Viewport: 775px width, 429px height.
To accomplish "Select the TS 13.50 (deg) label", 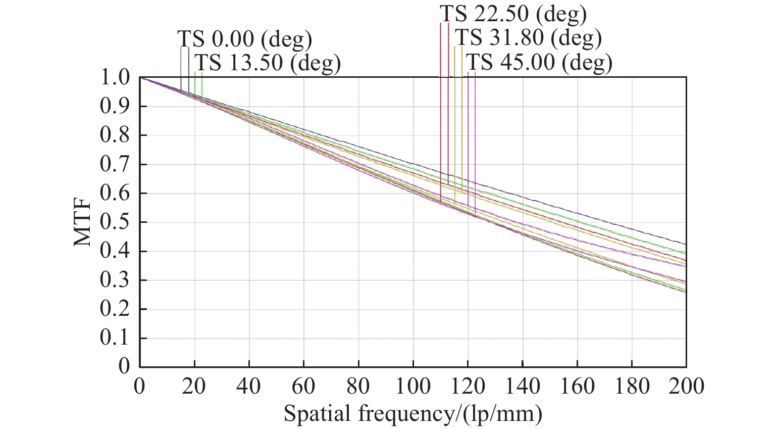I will point(268,63).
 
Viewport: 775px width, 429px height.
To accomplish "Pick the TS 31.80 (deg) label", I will point(528,37).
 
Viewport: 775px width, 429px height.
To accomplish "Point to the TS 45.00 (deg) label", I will point(539,62).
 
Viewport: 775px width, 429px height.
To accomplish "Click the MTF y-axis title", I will point(84,222).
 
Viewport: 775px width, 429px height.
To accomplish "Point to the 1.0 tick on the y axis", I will point(115,78).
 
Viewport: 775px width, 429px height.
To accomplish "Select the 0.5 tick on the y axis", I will point(115,222).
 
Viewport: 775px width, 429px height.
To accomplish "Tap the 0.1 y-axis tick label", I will point(115,338).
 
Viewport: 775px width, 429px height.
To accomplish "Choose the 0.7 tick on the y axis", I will point(115,165).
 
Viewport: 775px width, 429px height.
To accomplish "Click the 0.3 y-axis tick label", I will point(115,280).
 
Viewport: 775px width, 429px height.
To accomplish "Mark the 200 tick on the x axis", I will point(685,387).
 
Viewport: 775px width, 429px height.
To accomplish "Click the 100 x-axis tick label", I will point(413,387).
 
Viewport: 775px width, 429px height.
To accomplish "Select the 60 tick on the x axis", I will point(304,387).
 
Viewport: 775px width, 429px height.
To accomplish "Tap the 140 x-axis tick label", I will point(522,387).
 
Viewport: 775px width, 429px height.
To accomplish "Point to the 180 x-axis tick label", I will point(631,387).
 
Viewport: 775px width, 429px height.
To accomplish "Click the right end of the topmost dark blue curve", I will point(685,245).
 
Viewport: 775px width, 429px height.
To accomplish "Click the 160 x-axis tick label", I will point(577,387).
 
